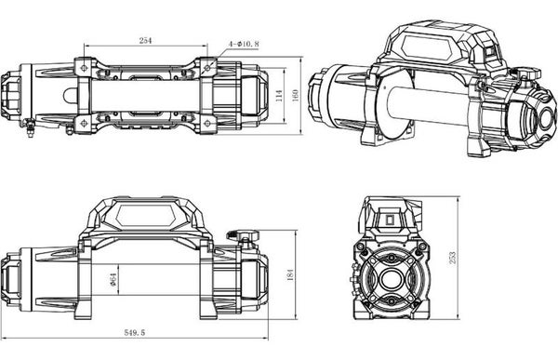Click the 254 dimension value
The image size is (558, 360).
[x=145, y=41]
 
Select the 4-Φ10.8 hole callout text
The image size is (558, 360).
[x=244, y=44]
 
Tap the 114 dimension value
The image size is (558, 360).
[x=280, y=96]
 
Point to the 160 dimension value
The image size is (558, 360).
[x=296, y=95]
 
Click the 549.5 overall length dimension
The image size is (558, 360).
[x=135, y=333]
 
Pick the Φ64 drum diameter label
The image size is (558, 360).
[x=113, y=279]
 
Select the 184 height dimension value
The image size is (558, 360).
[x=290, y=275]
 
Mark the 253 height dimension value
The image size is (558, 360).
[x=452, y=258]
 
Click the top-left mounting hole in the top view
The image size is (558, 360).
[x=84, y=68]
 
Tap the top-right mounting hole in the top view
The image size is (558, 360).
[x=207, y=67]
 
